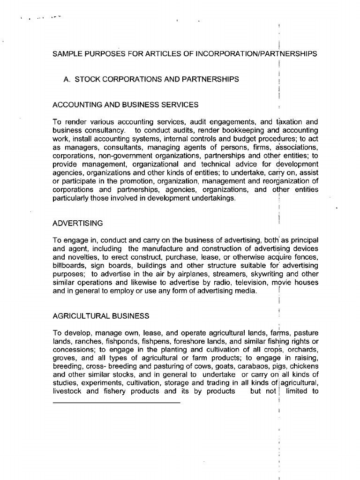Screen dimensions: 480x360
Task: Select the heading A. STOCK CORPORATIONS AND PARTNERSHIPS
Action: (x=151, y=79)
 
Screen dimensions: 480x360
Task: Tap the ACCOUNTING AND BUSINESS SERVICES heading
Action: (x=126, y=105)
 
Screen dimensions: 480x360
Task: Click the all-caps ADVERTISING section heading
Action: (x=78, y=223)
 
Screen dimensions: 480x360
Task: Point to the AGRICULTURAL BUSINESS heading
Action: (x=101, y=316)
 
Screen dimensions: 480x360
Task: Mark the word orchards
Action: (x=305, y=349)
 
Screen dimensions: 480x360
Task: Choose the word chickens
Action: (x=304, y=366)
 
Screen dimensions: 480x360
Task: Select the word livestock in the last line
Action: (x=68, y=391)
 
